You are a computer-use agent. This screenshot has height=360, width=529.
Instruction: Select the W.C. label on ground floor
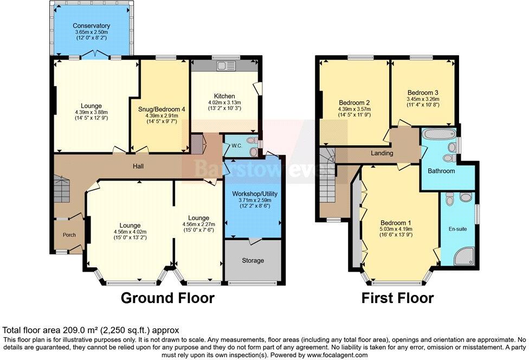tap(236, 145)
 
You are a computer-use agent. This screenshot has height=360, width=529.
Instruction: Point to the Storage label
tap(253, 260)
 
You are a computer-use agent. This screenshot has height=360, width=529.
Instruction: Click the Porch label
tap(69, 235)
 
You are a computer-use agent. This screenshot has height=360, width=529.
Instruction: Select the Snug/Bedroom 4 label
tap(162, 109)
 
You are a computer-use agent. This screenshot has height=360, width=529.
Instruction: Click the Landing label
tap(382, 153)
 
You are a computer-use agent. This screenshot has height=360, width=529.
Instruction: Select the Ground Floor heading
tap(167, 298)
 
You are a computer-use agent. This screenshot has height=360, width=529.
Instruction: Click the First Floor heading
tap(397, 298)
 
